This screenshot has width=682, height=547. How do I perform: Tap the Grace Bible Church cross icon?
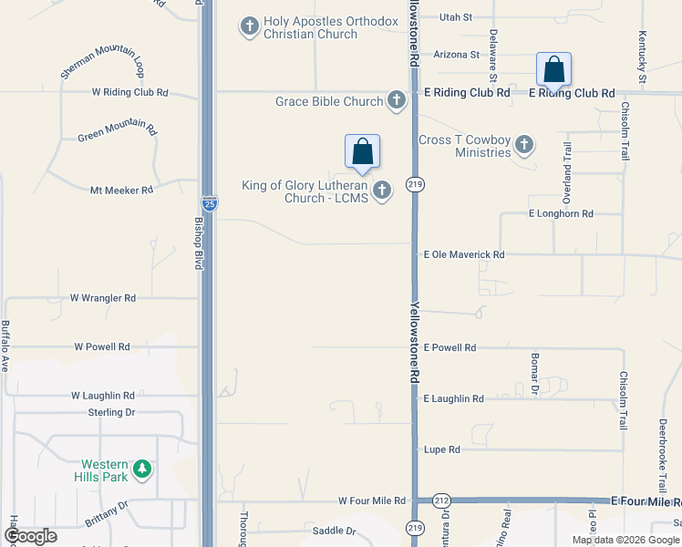pos(397,100)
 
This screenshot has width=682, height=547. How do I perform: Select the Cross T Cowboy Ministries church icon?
pos(523,144)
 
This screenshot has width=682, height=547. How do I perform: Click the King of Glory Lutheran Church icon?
pos(382,191)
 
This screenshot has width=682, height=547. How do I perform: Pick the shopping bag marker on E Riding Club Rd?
pos(553,70)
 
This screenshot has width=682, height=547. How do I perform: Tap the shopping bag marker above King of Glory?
pos(362,152)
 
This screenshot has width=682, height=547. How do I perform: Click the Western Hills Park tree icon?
pos(141,470)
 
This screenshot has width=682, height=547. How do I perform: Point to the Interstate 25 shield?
pos(210,204)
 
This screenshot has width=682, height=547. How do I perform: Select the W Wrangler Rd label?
pos(103,298)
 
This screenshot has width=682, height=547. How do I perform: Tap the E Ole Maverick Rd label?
pos(463,255)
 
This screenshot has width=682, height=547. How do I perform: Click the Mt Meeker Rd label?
pos(121,191)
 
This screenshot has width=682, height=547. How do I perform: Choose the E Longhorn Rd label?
pos(561,213)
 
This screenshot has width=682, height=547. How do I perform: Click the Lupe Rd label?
pos(441,449)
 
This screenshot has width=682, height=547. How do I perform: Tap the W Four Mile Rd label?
pos(371,501)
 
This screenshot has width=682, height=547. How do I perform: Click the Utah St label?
pos(456,17)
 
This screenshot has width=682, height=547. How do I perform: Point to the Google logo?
pos(30,536)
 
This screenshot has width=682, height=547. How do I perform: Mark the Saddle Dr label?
pos(334,531)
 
